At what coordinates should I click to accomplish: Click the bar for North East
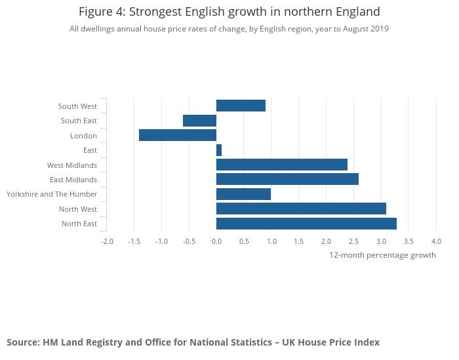pos(306,224)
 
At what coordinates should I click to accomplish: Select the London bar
pos(178,135)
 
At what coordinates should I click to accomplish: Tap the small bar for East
pos(219,150)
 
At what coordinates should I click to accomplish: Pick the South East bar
pos(199,121)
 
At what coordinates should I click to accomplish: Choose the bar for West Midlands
pos(282,165)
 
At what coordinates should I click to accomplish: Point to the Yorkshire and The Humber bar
pos(243,194)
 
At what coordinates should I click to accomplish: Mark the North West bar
pos(301,209)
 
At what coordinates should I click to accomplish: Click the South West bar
pos(241,106)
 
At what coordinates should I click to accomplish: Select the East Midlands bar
pos(287,179)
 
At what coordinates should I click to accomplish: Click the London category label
pos(83,136)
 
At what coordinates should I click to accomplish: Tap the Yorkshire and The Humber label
pos(52,194)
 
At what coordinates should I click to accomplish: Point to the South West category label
pos(77,106)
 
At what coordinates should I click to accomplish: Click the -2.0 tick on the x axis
pos(107,241)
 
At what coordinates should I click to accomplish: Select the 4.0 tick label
pos(436,241)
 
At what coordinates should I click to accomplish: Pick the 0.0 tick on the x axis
pos(216,241)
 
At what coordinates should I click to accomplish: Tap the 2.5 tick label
pos(353,241)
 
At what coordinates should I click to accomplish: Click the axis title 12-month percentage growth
pos(382,255)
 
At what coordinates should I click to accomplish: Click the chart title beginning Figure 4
pos(229,12)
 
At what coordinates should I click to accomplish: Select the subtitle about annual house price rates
pos(229,29)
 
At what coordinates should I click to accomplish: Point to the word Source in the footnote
pos(22,342)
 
